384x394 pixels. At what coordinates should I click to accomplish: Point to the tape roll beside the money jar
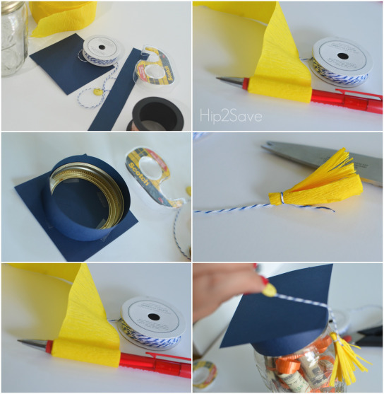pyautogui.click(x=204, y=372)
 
